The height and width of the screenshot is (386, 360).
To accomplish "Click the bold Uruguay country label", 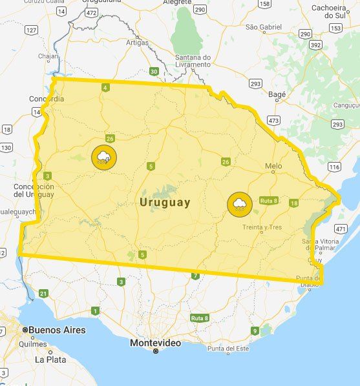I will pyautogui.click(x=165, y=202).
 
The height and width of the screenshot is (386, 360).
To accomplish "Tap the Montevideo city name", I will pyautogui.click(x=155, y=343).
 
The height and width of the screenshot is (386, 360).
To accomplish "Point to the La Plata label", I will pyautogui.click(x=49, y=359).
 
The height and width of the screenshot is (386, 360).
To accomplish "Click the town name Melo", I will pyautogui.click(x=273, y=166).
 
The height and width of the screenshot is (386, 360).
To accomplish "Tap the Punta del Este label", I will pyautogui.click(x=228, y=349).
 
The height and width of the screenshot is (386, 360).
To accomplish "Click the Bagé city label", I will pyautogui.click(x=276, y=94).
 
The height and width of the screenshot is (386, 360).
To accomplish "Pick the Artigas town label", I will pyautogui.click(x=137, y=43).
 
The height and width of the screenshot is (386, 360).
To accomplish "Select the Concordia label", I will pyautogui.click(x=47, y=99).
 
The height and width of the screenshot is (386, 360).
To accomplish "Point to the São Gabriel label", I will pyautogui.click(x=264, y=27).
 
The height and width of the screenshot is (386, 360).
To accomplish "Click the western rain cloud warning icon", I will pyautogui.click(x=103, y=156).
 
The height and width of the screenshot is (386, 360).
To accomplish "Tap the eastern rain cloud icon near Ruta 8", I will pyautogui.click(x=239, y=204).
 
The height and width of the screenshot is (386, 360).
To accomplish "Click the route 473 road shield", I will pyautogui.click(x=273, y=120).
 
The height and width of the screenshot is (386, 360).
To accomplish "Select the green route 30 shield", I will pyautogui.click(x=153, y=71).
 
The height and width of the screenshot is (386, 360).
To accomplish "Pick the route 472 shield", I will pyautogui.click(x=90, y=12).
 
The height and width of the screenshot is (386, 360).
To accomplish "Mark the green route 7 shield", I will pyautogui.click(x=195, y=276).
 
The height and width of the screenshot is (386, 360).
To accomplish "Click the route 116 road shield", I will pyautogui.click(x=334, y=167).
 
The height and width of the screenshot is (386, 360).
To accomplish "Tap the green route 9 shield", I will pyautogui.click(x=255, y=331).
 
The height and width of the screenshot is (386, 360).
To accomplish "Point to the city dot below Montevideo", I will pyautogui.click(x=155, y=351).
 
